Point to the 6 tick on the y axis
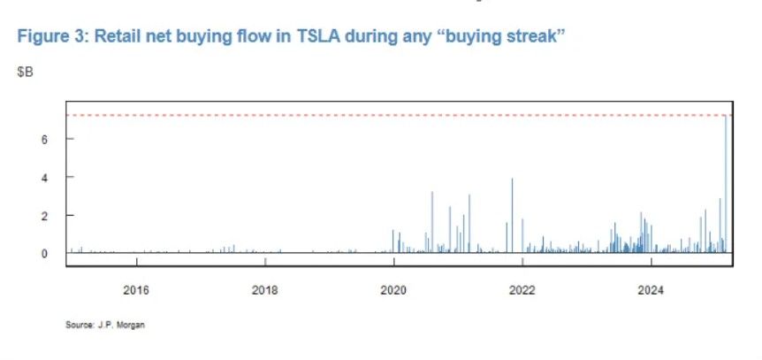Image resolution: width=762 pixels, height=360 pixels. (x=42, y=139)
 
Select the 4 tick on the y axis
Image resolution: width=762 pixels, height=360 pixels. (x=42, y=177)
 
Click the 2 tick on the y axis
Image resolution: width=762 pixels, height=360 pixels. (x=42, y=215)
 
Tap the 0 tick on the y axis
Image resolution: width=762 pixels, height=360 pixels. (x=42, y=253)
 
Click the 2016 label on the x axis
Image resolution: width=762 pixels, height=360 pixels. (x=136, y=289)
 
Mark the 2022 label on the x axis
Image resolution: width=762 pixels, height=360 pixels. (x=522, y=289)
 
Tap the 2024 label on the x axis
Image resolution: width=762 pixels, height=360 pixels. (x=652, y=289)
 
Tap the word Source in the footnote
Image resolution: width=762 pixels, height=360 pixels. (x=78, y=325)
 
